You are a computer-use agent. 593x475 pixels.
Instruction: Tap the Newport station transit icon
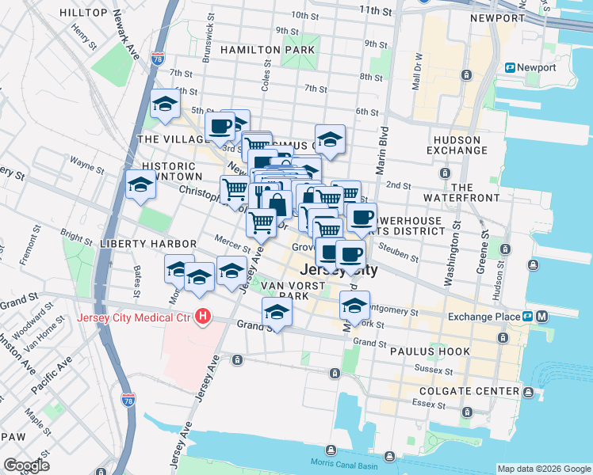[x=511, y=67]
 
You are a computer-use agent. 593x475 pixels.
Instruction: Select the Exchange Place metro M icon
[x=542, y=317]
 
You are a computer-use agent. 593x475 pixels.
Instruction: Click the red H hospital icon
[x=204, y=317]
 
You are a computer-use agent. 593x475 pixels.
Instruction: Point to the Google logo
[x=25, y=465]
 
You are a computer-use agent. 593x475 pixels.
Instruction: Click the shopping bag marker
[x=277, y=204]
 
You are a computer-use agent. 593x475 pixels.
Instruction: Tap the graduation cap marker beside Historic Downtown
[x=140, y=184]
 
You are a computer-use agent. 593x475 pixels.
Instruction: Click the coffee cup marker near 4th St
[x=220, y=124]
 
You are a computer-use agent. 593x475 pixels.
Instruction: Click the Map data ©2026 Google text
[x=543, y=468]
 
